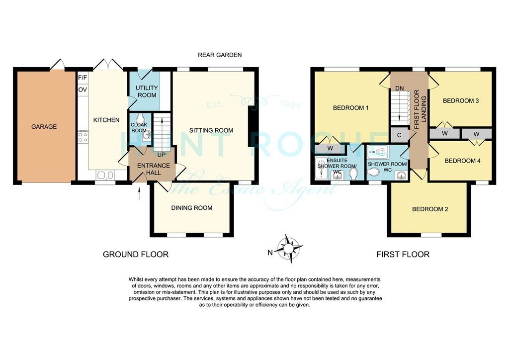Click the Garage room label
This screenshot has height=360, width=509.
pyautogui.click(x=44, y=127)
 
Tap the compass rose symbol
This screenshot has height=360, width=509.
pyautogui.click(x=288, y=248)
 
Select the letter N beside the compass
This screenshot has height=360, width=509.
pyautogui.click(x=270, y=253)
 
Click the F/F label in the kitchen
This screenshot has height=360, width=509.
pyautogui.click(x=83, y=78)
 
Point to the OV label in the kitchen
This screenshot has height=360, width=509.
pyautogui.click(x=83, y=90)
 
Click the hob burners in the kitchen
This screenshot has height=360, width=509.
pyautogui.click(x=83, y=137)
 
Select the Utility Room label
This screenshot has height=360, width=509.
pyautogui.click(x=147, y=91)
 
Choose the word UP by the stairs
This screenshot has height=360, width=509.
pyautogui.click(x=162, y=155)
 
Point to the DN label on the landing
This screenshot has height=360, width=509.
pyautogui.click(x=400, y=89)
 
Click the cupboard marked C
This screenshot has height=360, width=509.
pyautogui.click(x=399, y=135)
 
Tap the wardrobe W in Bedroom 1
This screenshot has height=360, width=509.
pyautogui.click(x=330, y=149)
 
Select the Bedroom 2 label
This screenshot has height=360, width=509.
pyautogui.click(x=430, y=209)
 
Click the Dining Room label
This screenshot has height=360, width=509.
pyautogui.click(x=192, y=208)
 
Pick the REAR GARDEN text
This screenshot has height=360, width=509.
pyautogui.click(x=220, y=55)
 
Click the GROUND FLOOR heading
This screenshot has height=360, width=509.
pyautogui.click(x=136, y=255)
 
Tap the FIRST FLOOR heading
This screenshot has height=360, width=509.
pyautogui.click(x=403, y=255)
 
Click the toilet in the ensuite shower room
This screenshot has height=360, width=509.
pyautogui.click(x=354, y=175)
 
